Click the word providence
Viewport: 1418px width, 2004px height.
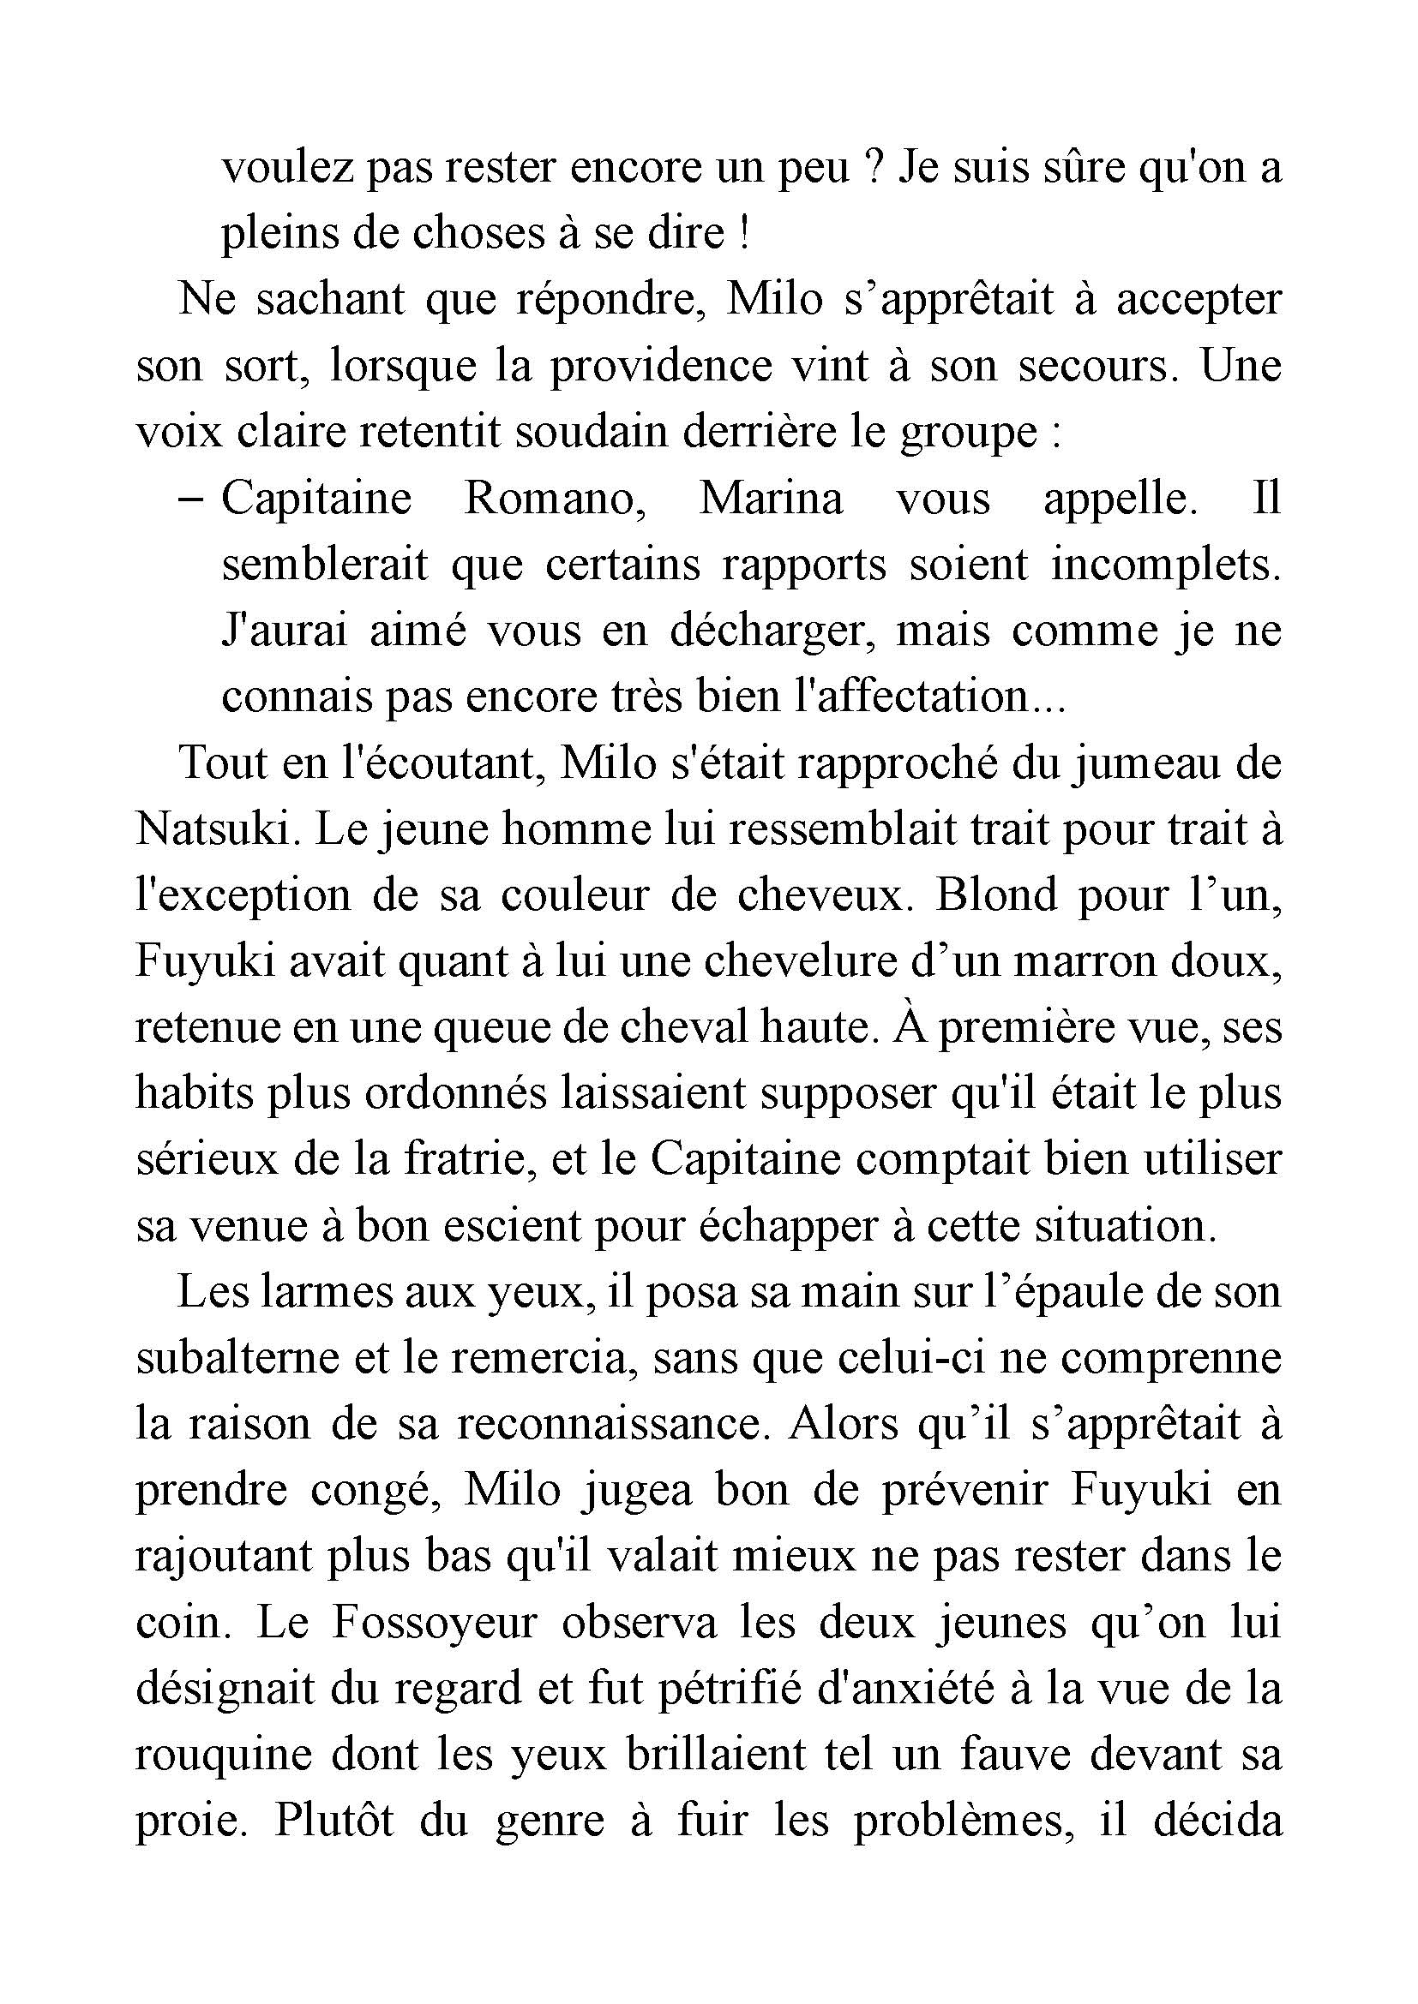tap(660, 366)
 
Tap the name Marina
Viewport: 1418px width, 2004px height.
tap(771, 500)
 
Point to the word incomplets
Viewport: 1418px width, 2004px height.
tap(1165, 565)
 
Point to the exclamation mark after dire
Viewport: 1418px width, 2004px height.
tap(744, 234)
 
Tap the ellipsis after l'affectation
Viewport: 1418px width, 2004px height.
tap(1048, 698)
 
